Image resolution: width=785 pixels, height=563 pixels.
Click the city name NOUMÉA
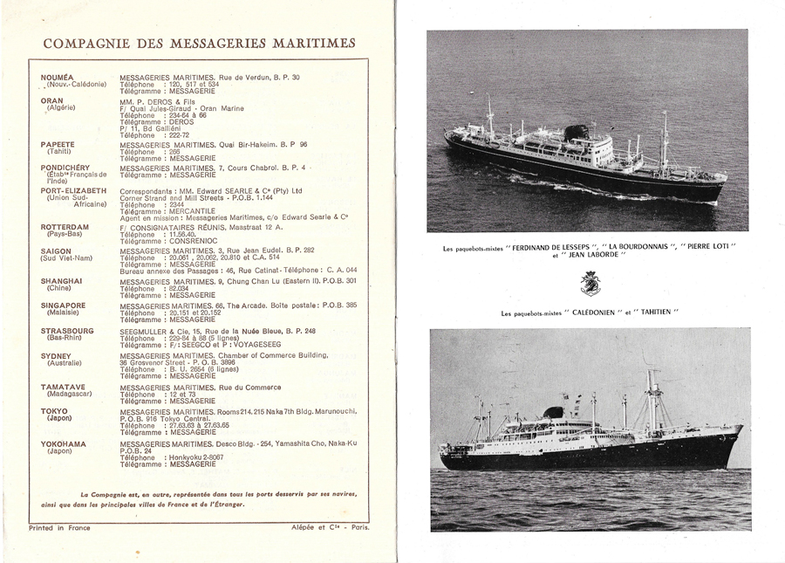[58, 77]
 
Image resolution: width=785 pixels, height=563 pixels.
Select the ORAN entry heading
[52, 100]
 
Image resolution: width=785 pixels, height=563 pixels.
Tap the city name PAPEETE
[58, 143]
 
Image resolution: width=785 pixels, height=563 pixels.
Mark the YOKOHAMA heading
[64, 443]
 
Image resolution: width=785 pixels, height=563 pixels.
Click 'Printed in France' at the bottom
[59, 527]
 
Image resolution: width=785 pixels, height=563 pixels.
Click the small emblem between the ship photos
[590, 283]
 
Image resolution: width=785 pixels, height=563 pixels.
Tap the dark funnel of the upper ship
[576, 133]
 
